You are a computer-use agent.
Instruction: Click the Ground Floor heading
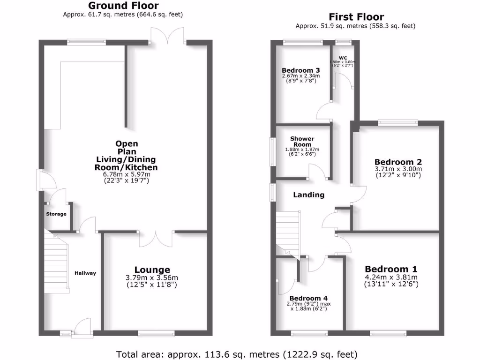(x=123, y=6)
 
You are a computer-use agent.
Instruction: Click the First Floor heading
(x=356, y=17)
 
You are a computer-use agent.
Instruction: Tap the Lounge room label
(x=152, y=270)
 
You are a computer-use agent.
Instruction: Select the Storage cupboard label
(x=56, y=214)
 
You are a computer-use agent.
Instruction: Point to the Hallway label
(x=85, y=273)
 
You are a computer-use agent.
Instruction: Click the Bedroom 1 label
(x=391, y=269)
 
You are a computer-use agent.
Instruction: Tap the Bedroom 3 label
(x=300, y=70)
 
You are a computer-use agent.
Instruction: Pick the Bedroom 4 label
(x=308, y=298)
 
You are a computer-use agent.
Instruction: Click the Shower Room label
(x=302, y=142)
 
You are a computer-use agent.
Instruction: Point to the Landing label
(x=308, y=195)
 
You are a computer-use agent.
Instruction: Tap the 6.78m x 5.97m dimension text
(x=126, y=174)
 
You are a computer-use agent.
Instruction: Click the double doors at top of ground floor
(x=168, y=37)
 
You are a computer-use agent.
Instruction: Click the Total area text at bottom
(x=237, y=353)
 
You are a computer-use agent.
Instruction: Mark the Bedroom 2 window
(x=398, y=123)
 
